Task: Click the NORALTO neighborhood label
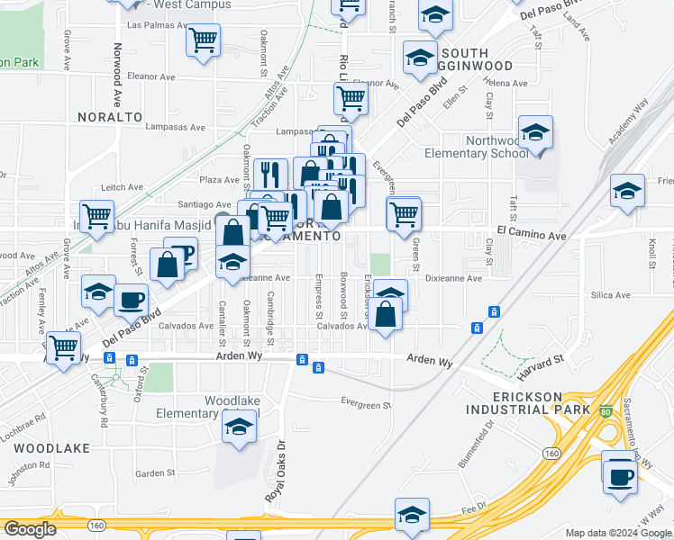pos(110,117)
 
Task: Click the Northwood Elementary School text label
pos(496,147)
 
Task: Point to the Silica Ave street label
pos(611,295)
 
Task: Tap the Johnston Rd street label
pos(28,465)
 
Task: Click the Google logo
pos(30,529)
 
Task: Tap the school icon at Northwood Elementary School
pos(535,133)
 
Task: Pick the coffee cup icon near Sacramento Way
pos(620,476)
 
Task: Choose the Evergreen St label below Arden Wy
pos(366,403)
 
